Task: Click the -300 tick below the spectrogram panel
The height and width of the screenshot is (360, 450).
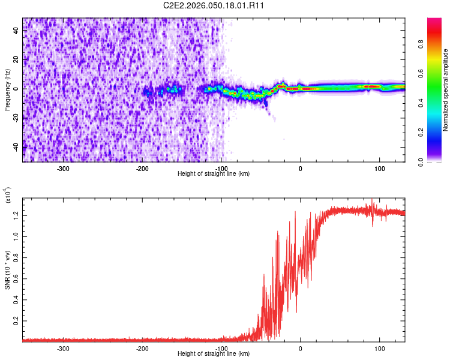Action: pyautogui.click(x=63, y=169)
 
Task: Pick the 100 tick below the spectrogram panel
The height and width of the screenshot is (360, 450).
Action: pyautogui.click(x=379, y=169)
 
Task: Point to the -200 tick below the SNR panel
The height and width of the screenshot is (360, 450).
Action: pyautogui.click(x=142, y=348)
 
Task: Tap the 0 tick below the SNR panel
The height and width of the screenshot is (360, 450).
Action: pyautogui.click(x=301, y=348)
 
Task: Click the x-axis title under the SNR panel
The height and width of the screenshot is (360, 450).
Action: pyautogui.click(x=214, y=354)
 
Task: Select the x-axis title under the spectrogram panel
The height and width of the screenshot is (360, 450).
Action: pyautogui.click(x=214, y=174)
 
